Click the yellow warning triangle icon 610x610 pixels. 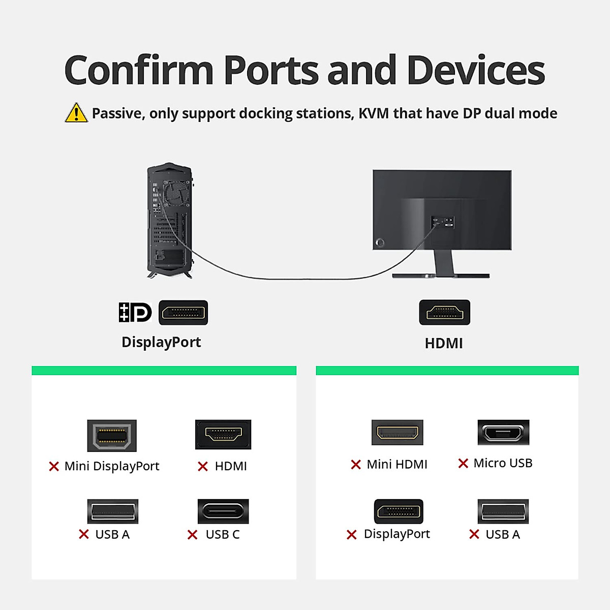click(x=76, y=113)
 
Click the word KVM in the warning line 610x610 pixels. click(x=374, y=113)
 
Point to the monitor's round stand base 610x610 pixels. click(x=440, y=276)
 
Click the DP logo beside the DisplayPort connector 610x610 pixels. click(x=135, y=313)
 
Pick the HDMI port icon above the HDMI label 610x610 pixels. click(x=444, y=312)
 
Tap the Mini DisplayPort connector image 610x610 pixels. click(x=112, y=436)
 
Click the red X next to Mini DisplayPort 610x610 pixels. click(x=54, y=466)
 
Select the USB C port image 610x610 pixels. click(x=223, y=511)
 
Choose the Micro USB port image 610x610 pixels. click(x=503, y=433)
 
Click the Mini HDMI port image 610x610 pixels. click(x=398, y=433)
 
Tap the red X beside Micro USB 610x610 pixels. click(x=463, y=463)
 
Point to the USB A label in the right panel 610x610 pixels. click(x=503, y=534)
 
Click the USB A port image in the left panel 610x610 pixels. click(x=112, y=511)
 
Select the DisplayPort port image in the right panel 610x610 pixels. click(x=399, y=511)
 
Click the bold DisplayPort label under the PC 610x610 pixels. click(x=161, y=342)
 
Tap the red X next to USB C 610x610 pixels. click(x=192, y=535)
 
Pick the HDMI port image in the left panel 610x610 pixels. click(x=223, y=434)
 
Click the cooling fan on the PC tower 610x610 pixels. click(x=176, y=193)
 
